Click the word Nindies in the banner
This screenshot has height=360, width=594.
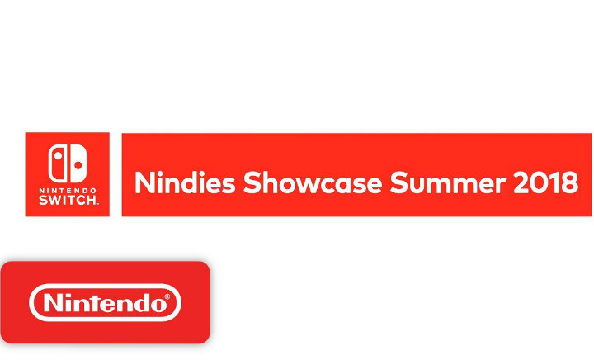tap(185, 182)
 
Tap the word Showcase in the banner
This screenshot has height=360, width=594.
tap(313, 182)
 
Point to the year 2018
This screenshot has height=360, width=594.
tap(546, 182)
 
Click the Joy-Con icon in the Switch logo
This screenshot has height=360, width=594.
tap(68, 163)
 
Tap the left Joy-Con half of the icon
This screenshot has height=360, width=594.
tap(57, 163)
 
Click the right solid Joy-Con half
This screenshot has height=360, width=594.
tap(79, 163)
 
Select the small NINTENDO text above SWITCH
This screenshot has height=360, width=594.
tap(68, 190)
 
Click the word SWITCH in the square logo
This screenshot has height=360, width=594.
tap(68, 200)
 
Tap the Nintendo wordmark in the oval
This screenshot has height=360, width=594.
tap(105, 303)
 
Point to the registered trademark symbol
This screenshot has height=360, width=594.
tap(167, 296)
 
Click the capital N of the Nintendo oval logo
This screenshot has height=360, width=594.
tap(53, 303)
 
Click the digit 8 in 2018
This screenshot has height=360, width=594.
tap(571, 182)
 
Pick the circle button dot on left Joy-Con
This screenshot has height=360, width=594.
tap(58, 155)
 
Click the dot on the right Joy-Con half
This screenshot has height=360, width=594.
tap(78, 166)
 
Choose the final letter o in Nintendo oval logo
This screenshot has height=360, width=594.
tap(158, 305)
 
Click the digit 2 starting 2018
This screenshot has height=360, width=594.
tap(521, 182)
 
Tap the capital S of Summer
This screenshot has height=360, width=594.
tap(398, 182)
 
